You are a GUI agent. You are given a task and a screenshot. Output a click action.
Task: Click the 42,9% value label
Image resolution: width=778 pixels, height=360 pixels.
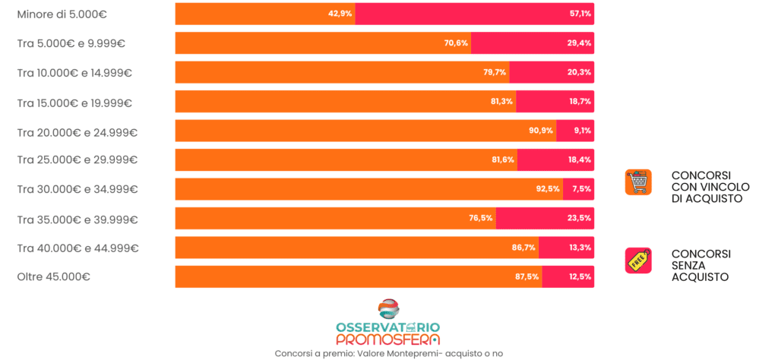pyautogui.click(x=340, y=14)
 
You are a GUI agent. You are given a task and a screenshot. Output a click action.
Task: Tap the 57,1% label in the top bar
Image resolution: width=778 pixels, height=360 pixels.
pyautogui.click(x=580, y=14)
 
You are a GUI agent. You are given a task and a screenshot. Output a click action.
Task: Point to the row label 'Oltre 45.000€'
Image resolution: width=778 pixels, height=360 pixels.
pyautogui.click(x=54, y=277)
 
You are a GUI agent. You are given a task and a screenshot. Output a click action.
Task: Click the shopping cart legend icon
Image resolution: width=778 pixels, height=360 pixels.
pyautogui.click(x=638, y=182)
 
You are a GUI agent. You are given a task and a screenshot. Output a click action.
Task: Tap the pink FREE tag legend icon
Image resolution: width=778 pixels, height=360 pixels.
pyautogui.click(x=638, y=261)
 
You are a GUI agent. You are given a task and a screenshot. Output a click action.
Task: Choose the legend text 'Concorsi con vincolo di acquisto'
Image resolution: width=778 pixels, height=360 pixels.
pyautogui.click(x=710, y=187)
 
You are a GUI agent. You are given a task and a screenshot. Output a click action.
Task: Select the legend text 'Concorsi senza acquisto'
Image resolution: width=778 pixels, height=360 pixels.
pyautogui.click(x=701, y=265)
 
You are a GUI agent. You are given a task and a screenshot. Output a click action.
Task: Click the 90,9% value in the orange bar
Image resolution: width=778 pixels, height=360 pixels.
pyautogui.click(x=541, y=131)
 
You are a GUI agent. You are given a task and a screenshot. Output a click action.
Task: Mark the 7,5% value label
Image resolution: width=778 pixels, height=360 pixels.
pyautogui.click(x=582, y=189)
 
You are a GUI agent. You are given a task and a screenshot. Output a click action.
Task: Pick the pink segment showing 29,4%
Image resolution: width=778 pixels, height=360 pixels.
pyautogui.click(x=532, y=43)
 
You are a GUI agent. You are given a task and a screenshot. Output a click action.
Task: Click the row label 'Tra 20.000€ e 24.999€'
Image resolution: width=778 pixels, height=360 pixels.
pyautogui.click(x=77, y=132)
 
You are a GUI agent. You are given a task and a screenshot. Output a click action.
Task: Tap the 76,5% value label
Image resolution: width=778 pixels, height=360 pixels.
pyautogui.click(x=481, y=218)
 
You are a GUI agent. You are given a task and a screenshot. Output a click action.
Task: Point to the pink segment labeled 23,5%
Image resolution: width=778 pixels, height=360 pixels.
pyautogui.click(x=545, y=218)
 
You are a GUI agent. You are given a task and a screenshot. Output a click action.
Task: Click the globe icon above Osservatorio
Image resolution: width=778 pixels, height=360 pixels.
pyautogui.click(x=388, y=309)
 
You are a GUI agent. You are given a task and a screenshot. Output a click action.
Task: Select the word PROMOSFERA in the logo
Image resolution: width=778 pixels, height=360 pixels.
pyautogui.click(x=387, y=339)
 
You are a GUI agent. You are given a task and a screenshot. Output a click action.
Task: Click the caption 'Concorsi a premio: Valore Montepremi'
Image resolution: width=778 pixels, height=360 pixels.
pyautogui.click(x=388, y=353)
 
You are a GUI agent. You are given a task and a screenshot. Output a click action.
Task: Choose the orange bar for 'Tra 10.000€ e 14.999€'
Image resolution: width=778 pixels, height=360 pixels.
pyautogui.click(x=342, y=72)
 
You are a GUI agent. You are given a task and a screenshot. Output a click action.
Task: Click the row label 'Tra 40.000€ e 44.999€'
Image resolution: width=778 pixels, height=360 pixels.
pyautogui.click(x=77, y=248)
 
